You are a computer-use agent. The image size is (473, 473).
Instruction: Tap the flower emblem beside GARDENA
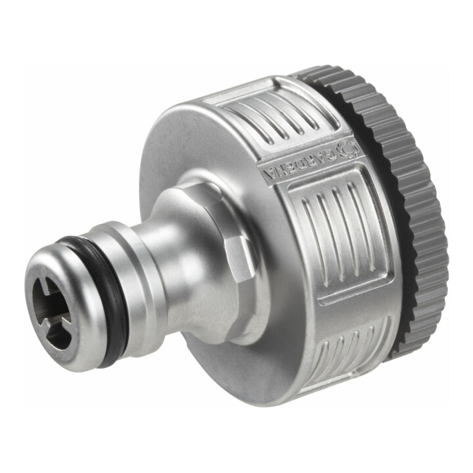[x=348, y=148]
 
